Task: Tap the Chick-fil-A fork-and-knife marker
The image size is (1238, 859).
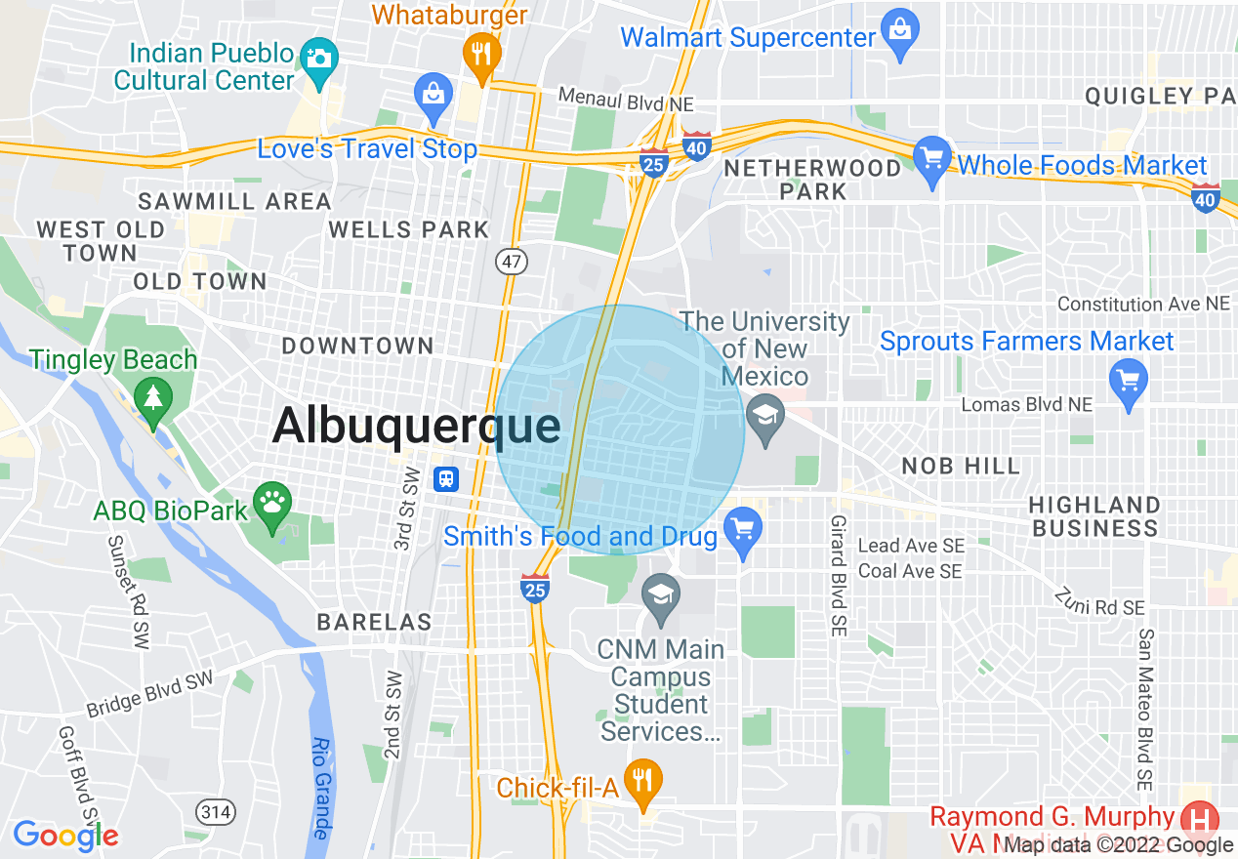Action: tap(642, 781)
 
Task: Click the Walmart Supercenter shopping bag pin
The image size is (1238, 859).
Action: tap(899, 30)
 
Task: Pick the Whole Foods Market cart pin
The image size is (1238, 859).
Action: tap(932, 158)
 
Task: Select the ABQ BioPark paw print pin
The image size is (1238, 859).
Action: tap(272, 503)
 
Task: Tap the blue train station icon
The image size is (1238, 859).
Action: tap(445, 479)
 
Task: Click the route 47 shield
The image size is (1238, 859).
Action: tap(510, 261)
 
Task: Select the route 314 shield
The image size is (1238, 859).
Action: tap(214, 810)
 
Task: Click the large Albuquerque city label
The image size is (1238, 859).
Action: tap(417, 427)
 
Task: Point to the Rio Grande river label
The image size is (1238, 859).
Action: tap(319, 788)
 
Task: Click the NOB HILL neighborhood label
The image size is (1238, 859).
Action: tap(961, 466)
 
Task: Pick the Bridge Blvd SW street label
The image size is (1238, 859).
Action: tap(149, 694)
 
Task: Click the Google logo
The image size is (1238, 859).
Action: tap(65, 836)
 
